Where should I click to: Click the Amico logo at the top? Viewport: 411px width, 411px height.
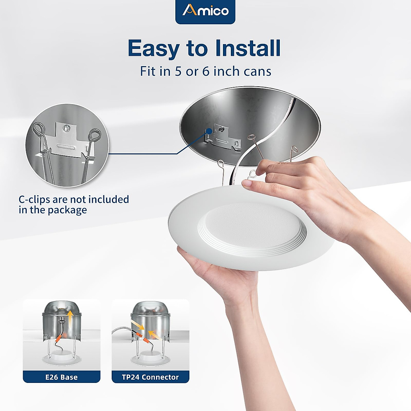(x=205, y=11)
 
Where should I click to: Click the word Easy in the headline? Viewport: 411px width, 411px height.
(x=153, y=48)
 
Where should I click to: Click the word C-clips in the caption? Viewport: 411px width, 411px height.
(x=34, y=199)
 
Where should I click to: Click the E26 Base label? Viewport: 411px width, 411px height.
(x=62, y=377)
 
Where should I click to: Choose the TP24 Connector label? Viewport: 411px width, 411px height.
(x=150, y=377)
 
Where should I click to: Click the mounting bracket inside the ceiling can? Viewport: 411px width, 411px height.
(x=223, y=137)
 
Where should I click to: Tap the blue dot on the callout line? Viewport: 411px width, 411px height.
(x=209, y=130)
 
